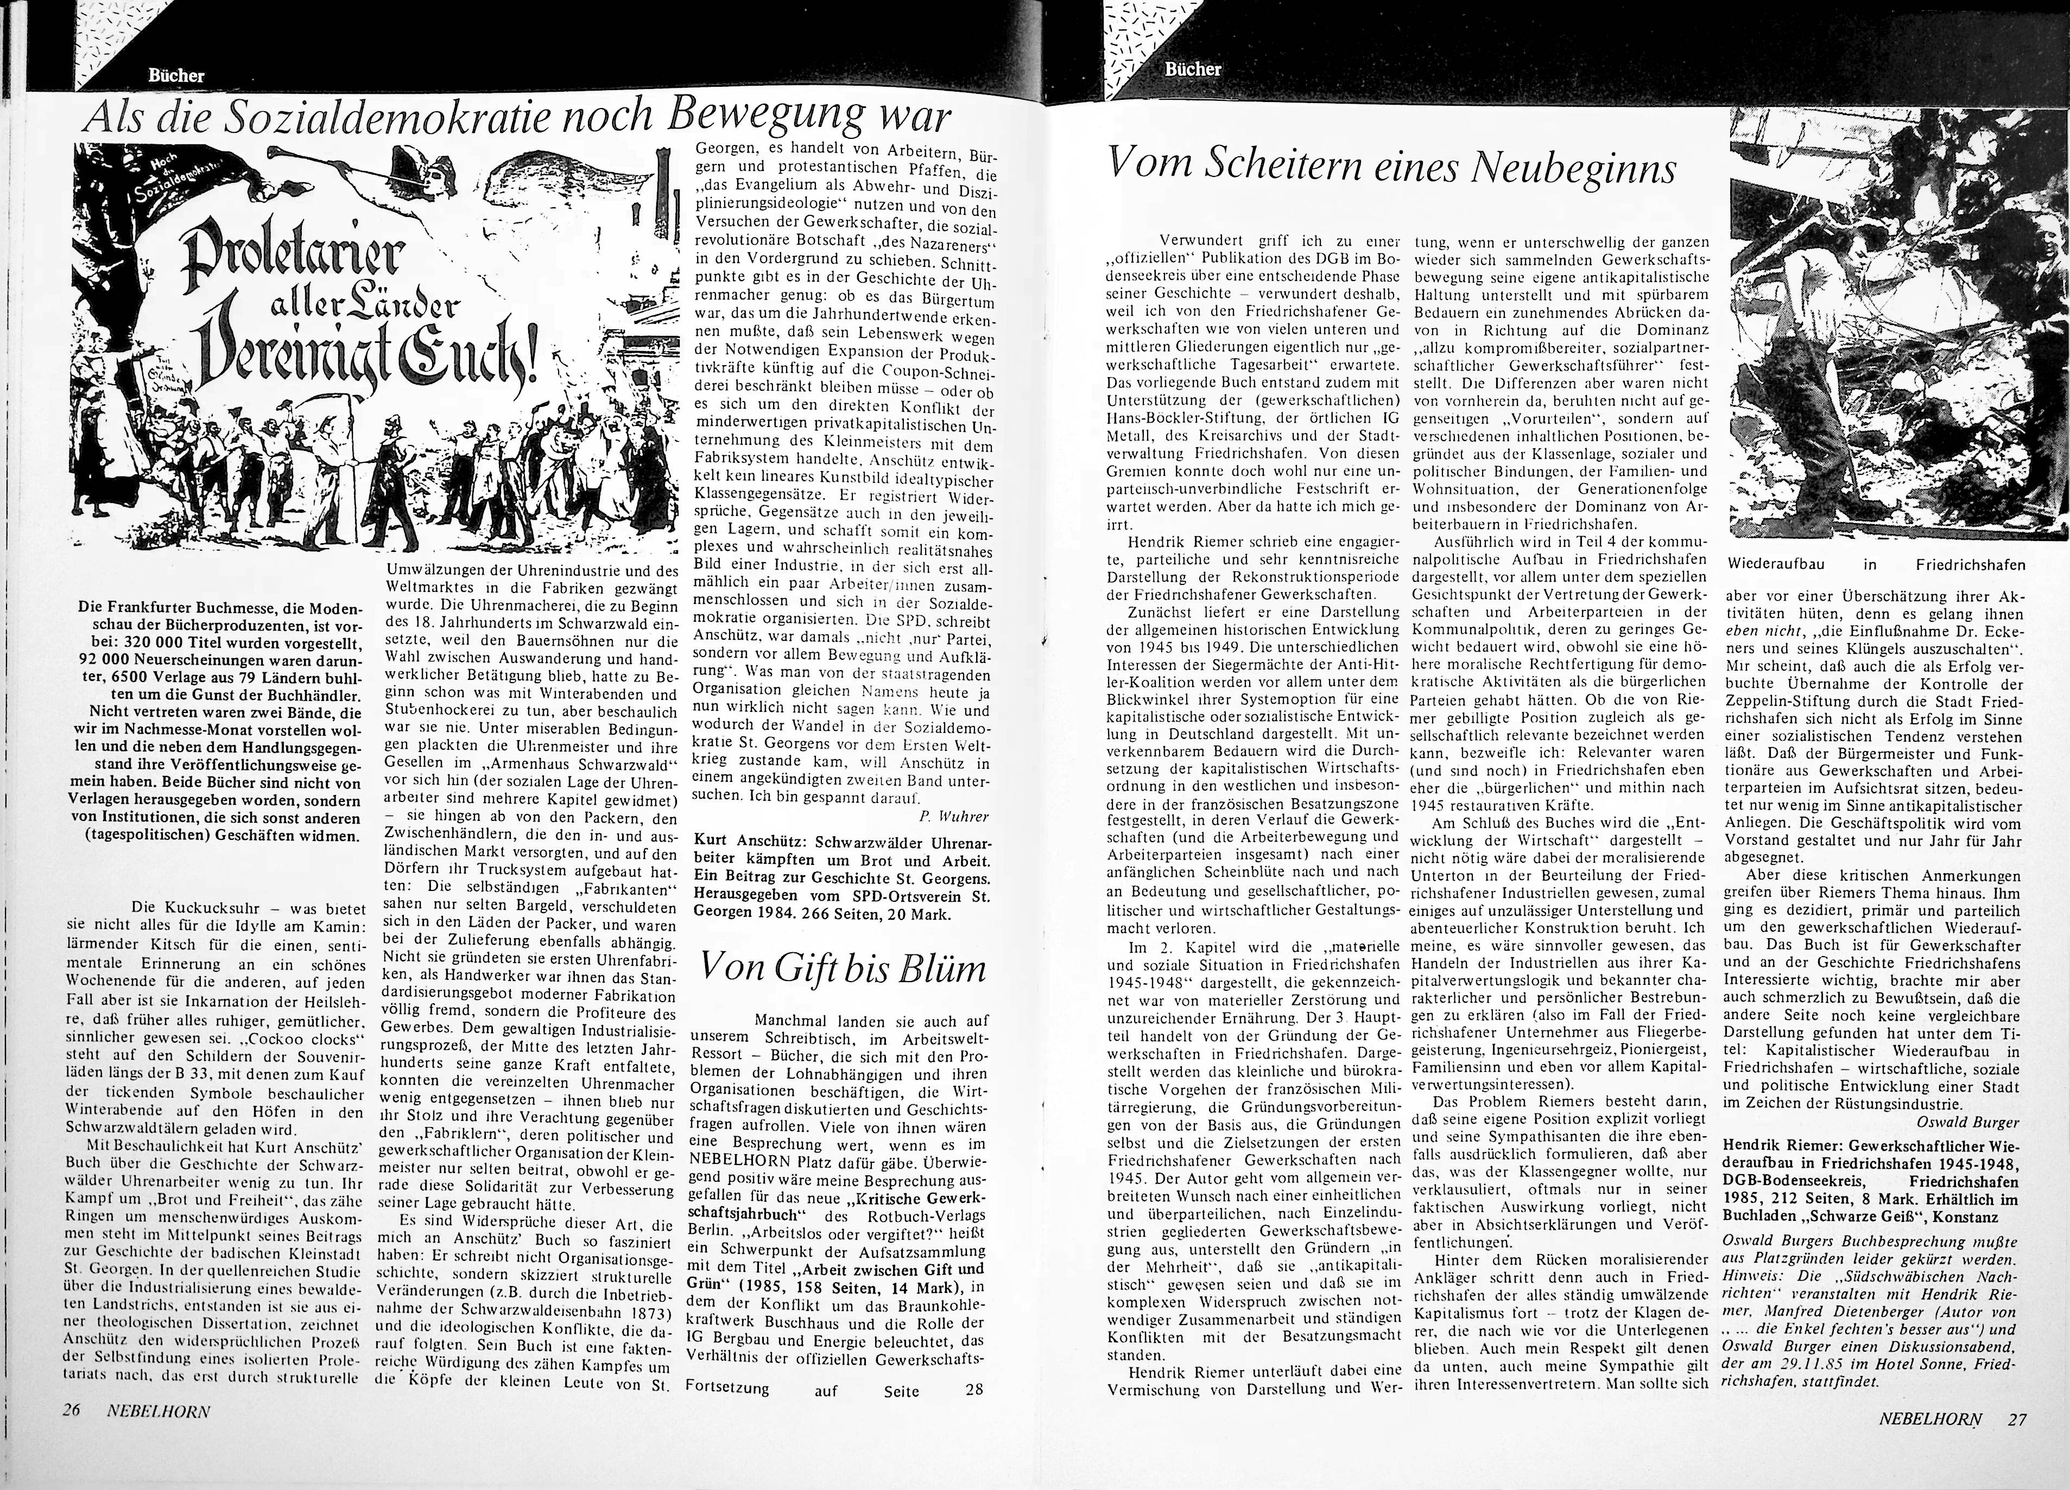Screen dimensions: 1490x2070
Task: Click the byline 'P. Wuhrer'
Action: pos(953,816)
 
